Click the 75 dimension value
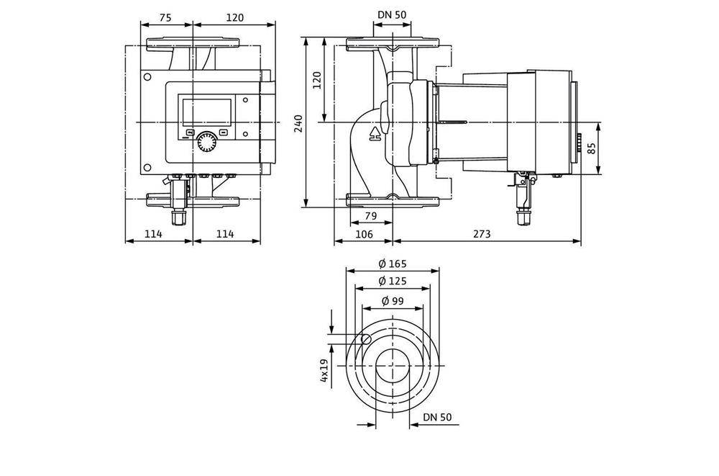pyautogui.click(x=165, y=18)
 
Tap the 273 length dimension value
pyautogui.click(x=484, y=233)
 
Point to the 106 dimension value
pyautogui.click(x=364, y=233)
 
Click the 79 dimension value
pyautogui.click(x=371, y=216)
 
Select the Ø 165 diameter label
pyautogui.click(x=393, y=264)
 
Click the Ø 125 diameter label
pyautogui.click(x=393, y=281)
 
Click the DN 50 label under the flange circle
pyautogui.click(x=436, y=417)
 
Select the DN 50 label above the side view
pyautogui.click(x=392, y=14)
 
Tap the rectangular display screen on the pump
pyautogui.click(x=207, y=111)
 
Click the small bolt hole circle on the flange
pyautogui.click(x=366, y=340)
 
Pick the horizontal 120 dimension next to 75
pyautogui.click(x=234, y=18)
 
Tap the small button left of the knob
pyautogui.click(x=190, y=133)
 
